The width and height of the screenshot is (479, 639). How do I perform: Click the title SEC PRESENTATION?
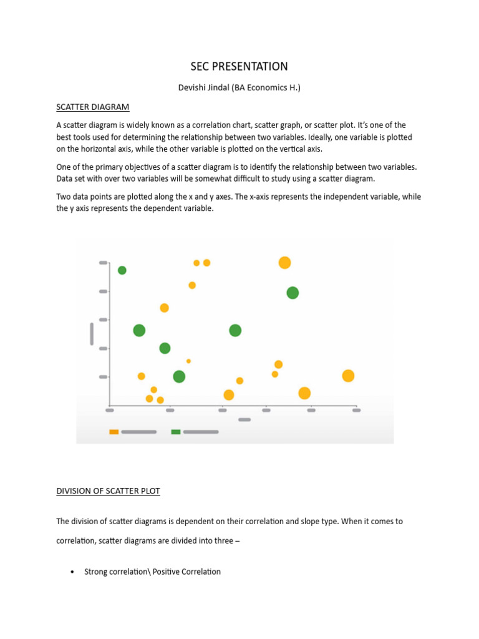239,66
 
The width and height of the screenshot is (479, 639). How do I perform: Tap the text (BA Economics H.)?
266,88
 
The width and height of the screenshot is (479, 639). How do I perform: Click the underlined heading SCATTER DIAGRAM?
93,107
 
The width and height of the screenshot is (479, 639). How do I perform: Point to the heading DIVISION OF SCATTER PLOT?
108,491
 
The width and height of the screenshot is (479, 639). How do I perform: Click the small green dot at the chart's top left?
122,270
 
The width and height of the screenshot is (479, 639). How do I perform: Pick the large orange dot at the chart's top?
284,263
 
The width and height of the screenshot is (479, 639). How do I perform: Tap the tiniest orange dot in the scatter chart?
188,361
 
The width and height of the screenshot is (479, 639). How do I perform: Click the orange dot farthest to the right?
348,376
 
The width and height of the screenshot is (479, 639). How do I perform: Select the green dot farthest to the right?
293,293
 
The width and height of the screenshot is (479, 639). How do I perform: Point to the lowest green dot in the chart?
179,376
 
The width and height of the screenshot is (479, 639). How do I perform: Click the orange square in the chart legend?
114,432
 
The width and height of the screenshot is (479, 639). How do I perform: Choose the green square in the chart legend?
176,432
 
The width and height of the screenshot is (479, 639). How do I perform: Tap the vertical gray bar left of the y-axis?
92,334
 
